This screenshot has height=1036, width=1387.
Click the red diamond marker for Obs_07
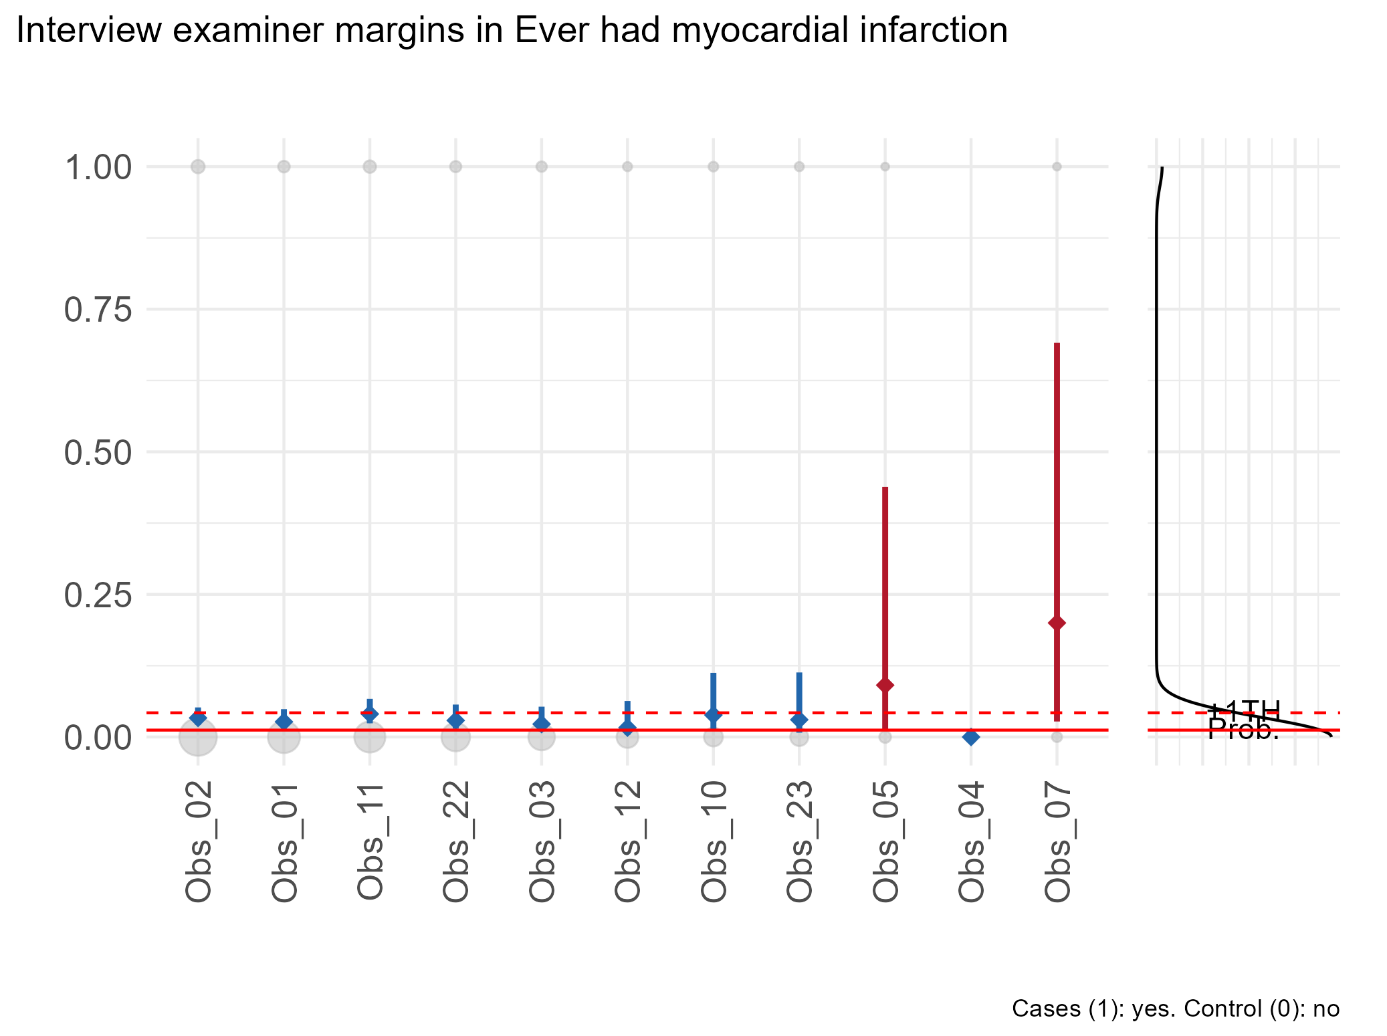click(x=1057, y=623)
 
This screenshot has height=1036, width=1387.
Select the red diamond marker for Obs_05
click(x=885, y=685)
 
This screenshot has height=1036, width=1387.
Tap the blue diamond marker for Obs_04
click(x=971, y=737)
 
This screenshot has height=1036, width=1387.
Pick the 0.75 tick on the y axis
click(x=98, y=310)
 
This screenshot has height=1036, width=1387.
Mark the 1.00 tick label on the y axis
click(x=98, y=167)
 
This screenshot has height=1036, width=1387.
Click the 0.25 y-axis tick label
click(x=98, y=595)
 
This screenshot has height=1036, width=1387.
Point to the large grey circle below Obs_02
click(x=197, y=737)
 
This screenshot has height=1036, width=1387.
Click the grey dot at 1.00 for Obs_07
click(x=1057, y=167)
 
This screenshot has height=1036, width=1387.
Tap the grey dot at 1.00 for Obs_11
click(x=370, y=167)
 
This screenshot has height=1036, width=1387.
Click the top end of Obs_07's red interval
click(x=1057, y=344)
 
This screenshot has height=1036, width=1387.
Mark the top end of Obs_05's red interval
click(x=885, y=488)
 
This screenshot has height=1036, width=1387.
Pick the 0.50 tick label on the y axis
click(x=98, y=453)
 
